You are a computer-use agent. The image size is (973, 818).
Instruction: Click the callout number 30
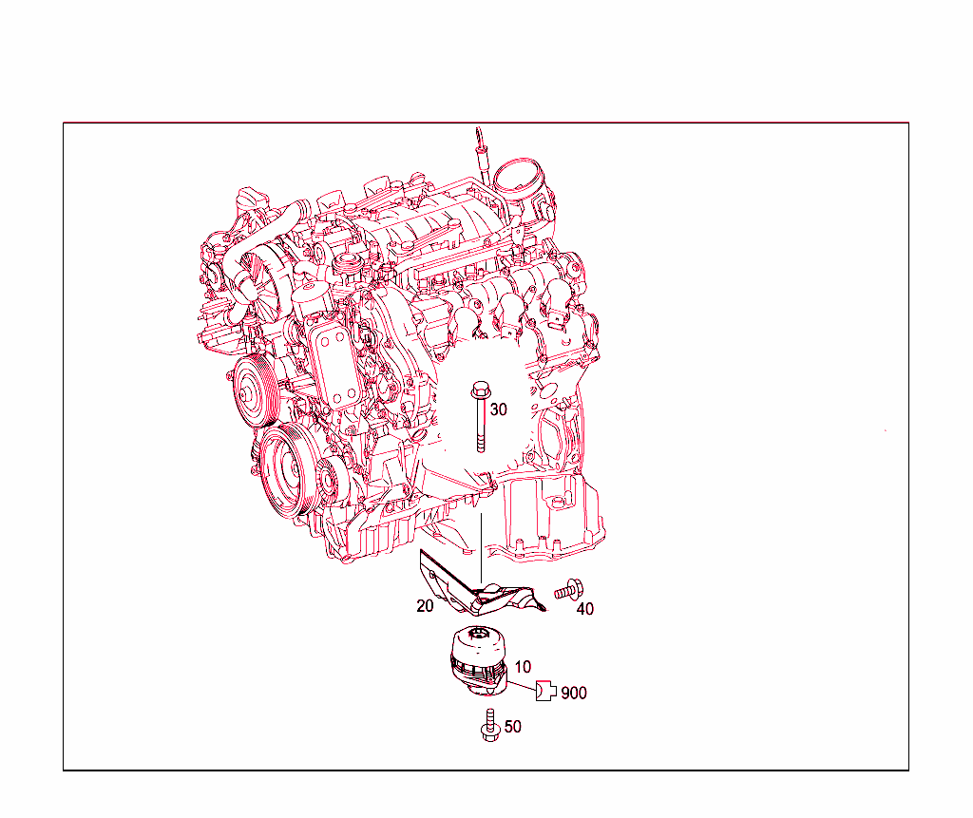[x=499, y=409]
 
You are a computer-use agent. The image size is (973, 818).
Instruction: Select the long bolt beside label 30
[x=479, y=418]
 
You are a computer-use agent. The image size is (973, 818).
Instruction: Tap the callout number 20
[x=425, y=605]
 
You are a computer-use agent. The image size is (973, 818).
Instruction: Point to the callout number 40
[x=585, y=609]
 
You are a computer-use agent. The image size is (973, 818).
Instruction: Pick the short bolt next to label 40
[x=568, y=590]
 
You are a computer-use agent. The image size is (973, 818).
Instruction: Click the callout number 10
[x=524, y=668]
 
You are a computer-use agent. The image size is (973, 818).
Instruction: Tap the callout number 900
[x=574, y=694]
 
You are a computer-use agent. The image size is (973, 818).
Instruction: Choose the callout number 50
[x=513, y=727]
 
